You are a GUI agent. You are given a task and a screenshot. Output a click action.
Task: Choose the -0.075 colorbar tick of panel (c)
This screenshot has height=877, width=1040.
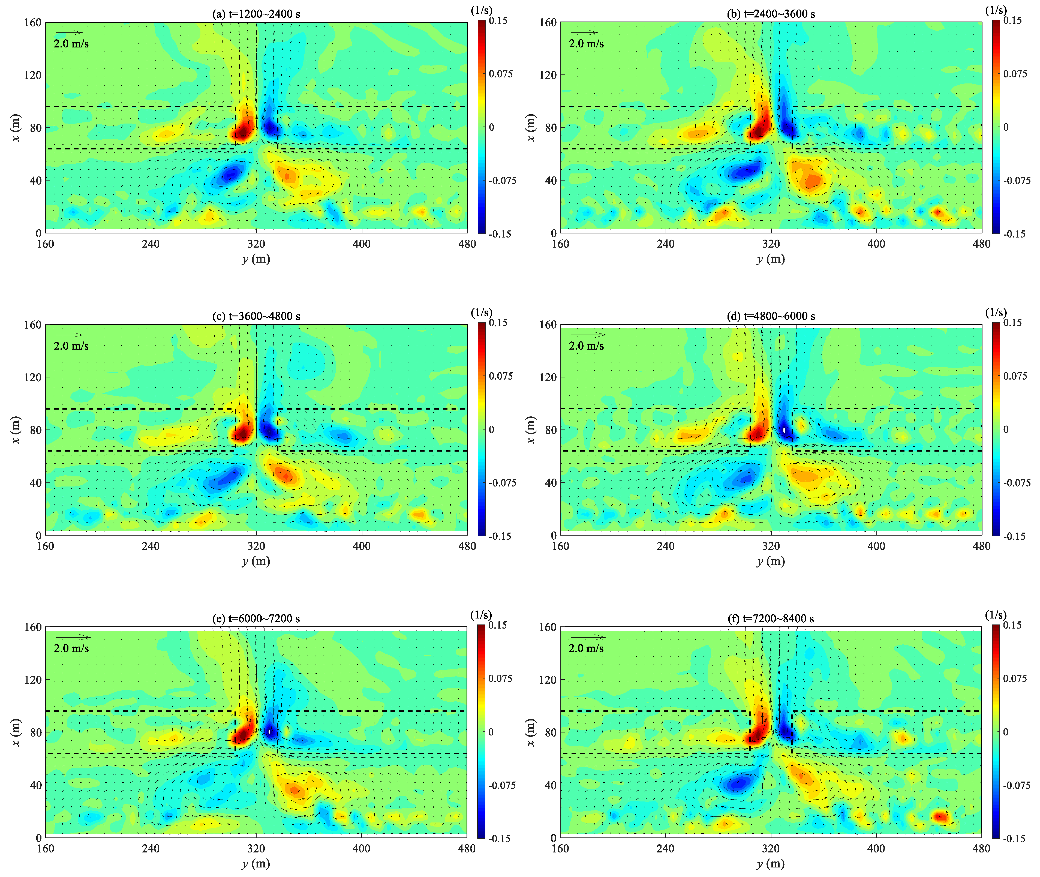[502, 483]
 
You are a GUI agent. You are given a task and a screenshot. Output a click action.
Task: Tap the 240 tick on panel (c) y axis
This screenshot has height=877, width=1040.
[151, 546]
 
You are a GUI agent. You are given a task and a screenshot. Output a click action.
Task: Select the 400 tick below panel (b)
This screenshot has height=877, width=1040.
[876, 244]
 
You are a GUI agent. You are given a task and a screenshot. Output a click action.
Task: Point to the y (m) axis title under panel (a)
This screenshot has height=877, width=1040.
[256, 259]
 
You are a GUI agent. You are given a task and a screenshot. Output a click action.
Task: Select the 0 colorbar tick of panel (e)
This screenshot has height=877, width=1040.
[491, 732]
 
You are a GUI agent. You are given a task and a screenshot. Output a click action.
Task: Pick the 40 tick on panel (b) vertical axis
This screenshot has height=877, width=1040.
[550, 181]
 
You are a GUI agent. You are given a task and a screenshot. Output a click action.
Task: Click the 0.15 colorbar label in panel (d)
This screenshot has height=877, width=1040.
[1013, 323]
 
